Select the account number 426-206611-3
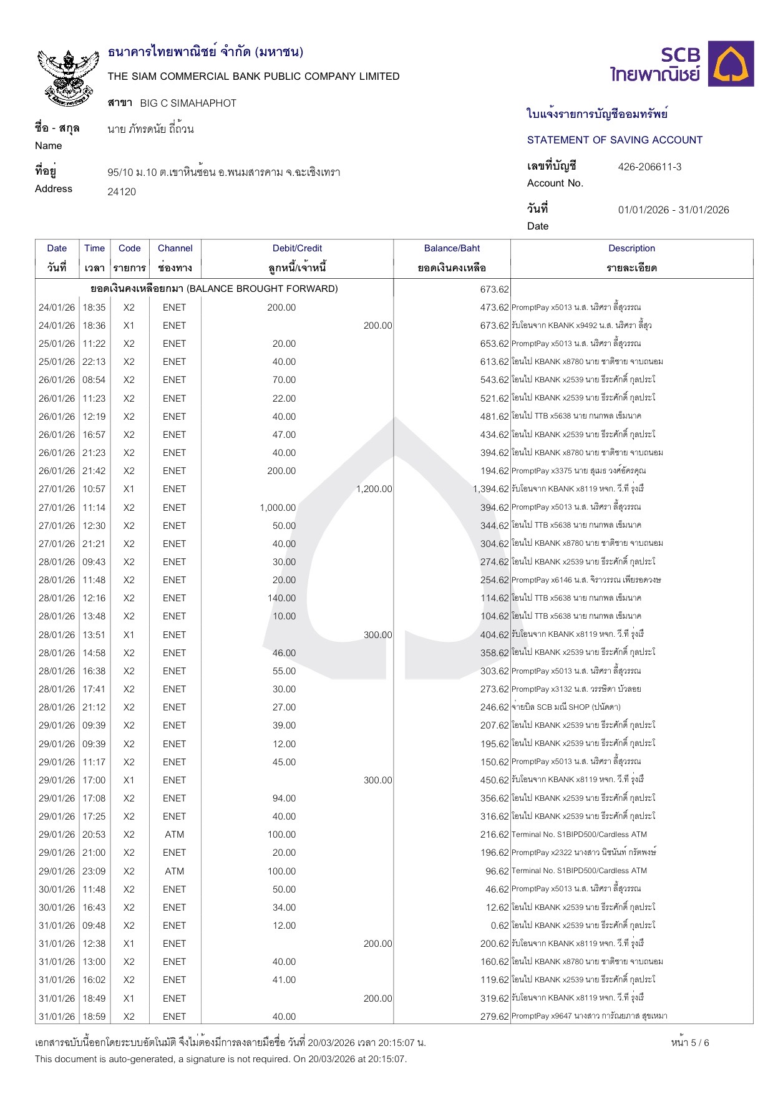point(649,167)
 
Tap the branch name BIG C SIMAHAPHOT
point(188,103)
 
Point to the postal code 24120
point(122,191)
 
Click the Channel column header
point(175,248)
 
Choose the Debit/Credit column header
point(297,248)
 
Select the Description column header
point(631,248)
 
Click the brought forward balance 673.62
point(494,289)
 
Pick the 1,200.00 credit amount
point(374,489)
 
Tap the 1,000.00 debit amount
point(278,508)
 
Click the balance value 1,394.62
point(490,489)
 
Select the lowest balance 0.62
point(500,926)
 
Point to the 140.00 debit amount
point(281,598)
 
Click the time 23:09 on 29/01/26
point(94,871)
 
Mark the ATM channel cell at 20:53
point(174,835)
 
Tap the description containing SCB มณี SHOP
point(566,707)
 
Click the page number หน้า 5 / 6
point(690,1042)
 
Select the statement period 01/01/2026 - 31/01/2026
point(673,210)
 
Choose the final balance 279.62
point(494,1017)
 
